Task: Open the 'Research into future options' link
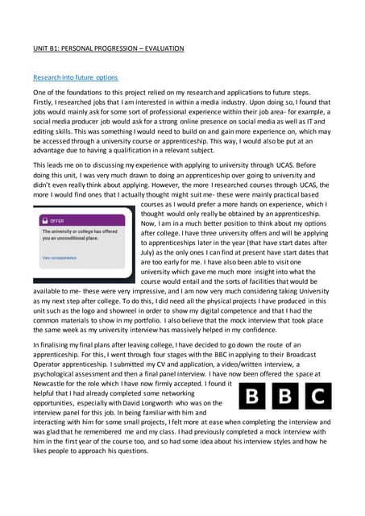75,77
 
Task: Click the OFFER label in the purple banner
57,219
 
